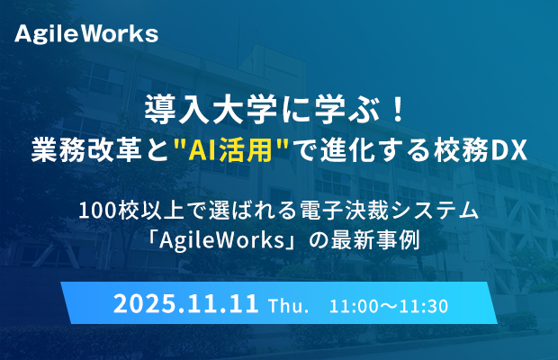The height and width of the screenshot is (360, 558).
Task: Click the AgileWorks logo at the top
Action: pyautogui.click(x=86, y=34)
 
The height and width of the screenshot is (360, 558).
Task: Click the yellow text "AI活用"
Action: pyautogui.click(x=229, y=150)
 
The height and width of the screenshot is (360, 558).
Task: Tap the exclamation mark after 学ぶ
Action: pyautogui.click(x=399, y=110)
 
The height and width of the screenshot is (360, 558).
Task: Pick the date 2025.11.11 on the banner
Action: pyautogui.click(x=185, y=304)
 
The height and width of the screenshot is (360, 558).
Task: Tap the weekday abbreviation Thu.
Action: pyautogui.click(x=289, y=306)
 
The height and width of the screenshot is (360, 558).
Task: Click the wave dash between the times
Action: pyautogui.click(x=388, y=307)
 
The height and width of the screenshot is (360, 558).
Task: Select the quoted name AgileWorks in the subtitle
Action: pyautogui.click(x=221, y=241)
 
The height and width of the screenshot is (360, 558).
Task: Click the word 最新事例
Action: pyautogui.click(x=375, y=240)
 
